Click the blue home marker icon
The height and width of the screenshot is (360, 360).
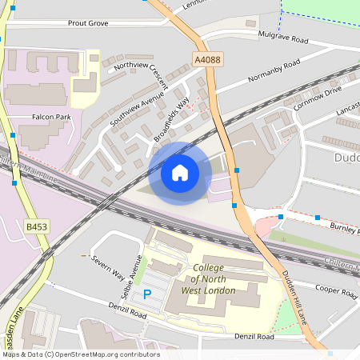pos(180,172)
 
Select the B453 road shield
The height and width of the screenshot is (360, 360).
pos(36,227)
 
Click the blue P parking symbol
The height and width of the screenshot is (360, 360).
pos(146,294)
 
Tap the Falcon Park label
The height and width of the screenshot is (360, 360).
pos(51,117)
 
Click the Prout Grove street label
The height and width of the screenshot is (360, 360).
pos(88,24)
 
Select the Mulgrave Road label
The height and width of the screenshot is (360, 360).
pos(282,38)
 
